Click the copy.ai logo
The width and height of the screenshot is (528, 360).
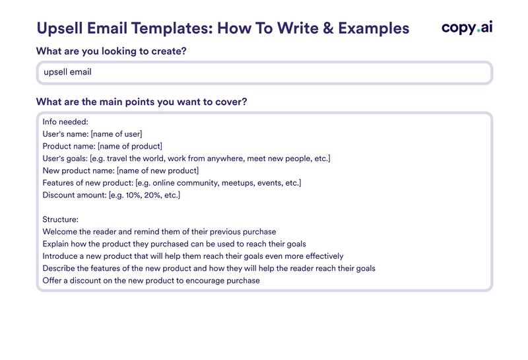(x=467, y=27)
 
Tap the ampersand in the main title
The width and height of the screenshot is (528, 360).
(x=335, y=28)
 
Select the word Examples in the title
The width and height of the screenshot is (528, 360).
(x=377, y=28)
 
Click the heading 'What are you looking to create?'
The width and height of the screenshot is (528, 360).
(x=112, y=52)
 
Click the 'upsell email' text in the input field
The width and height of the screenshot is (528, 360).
(x=67, y=72)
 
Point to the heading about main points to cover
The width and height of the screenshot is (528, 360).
(x=142, y=102)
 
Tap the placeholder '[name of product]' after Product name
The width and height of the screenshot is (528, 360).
(x=129, y=146)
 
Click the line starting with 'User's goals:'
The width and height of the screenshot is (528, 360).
(x=186, y=159)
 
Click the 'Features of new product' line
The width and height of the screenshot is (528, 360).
(x=172, y=183)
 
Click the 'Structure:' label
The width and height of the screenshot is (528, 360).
(x=61, y=219)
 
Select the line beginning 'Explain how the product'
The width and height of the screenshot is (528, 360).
(x=174, y=244)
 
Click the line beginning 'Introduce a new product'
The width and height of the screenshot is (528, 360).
(x=193, y=256)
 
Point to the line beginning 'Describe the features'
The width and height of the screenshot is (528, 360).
(x=209, y=268)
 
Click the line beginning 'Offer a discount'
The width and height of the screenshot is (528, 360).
(x=151, y=281)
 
